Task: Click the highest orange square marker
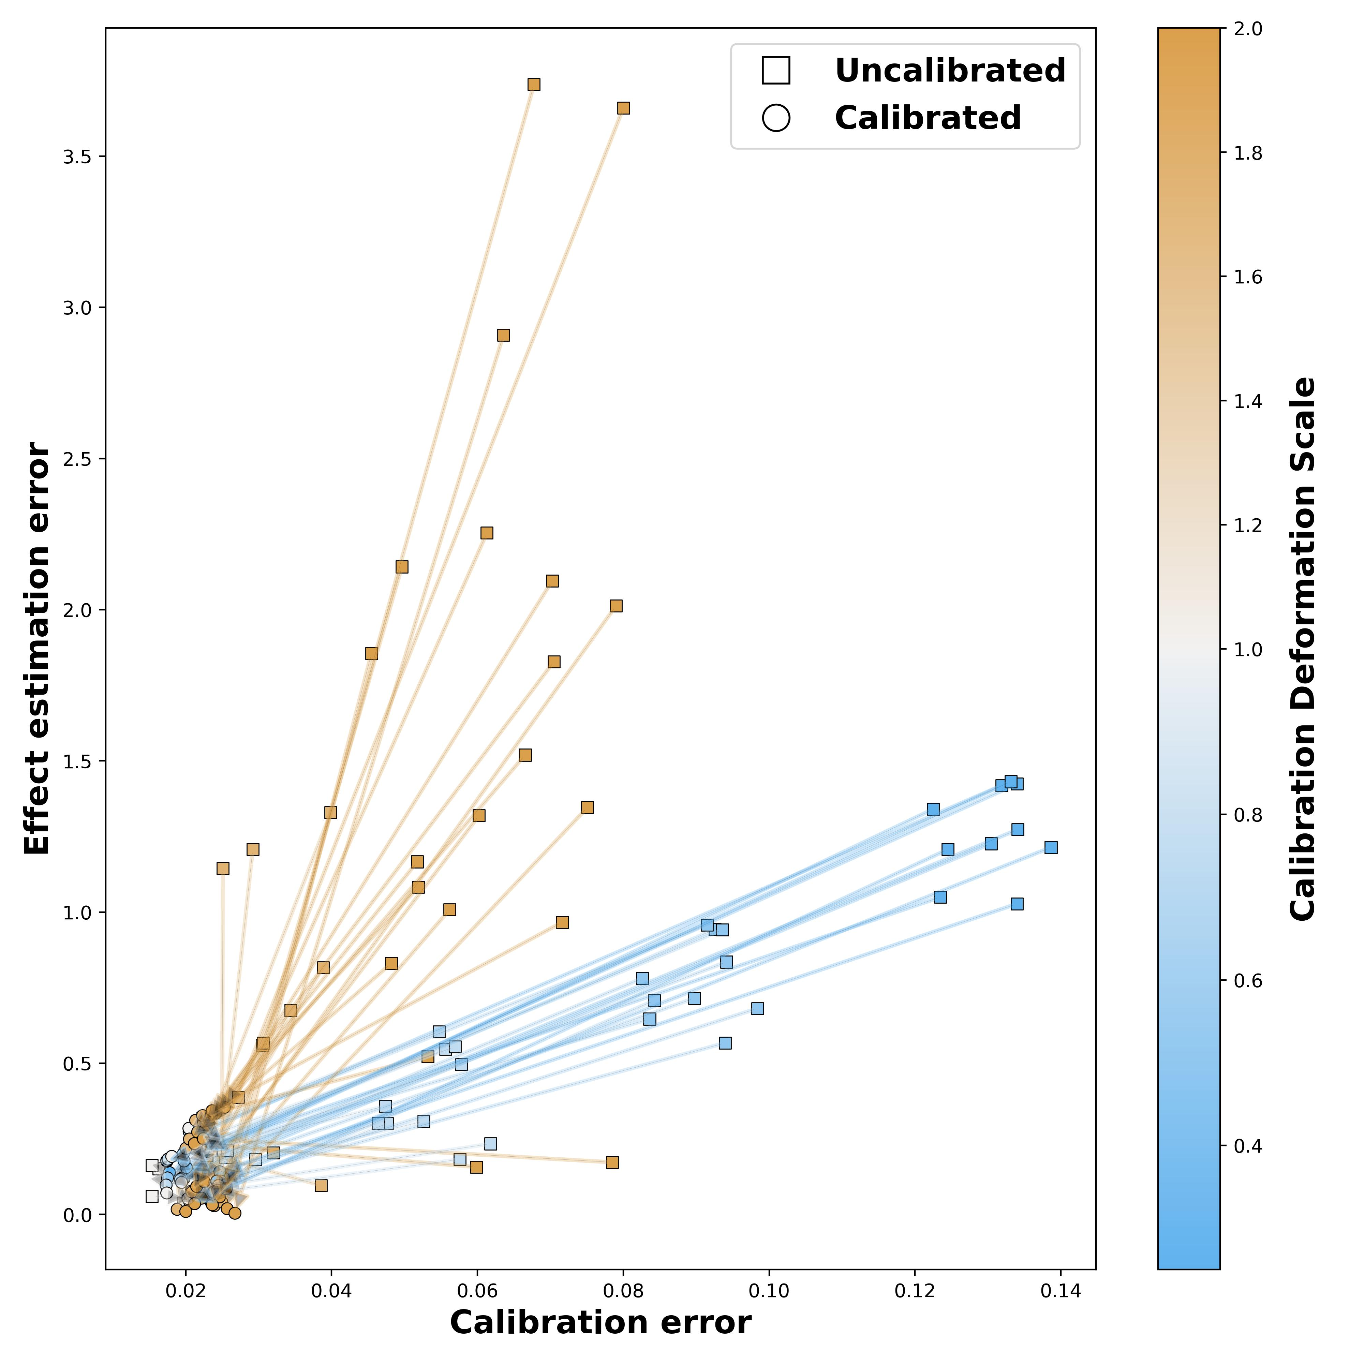[534, 85]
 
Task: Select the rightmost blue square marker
[1051, 847]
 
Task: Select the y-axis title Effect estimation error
[37, 648]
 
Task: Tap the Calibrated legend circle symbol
[776, 118]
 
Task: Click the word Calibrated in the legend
[928, 118]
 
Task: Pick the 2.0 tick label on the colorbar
[1248, 29]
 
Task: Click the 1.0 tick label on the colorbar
[1248, 650]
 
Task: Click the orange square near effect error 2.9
[503, 335]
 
